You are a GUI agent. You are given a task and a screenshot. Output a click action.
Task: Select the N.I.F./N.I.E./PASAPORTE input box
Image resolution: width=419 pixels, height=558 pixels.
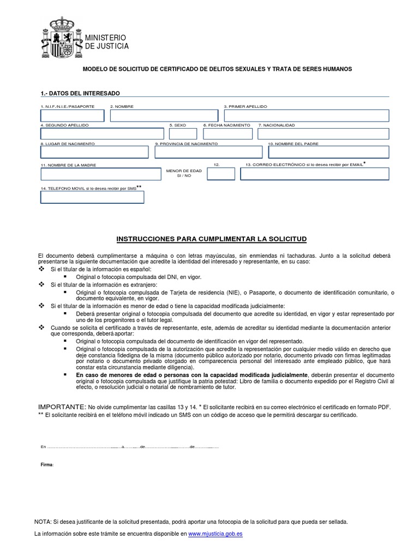[72, 116]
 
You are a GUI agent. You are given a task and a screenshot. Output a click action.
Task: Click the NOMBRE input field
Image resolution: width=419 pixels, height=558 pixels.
[164, 116]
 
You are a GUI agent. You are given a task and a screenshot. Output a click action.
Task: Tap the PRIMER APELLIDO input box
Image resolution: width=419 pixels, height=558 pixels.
[306, 116]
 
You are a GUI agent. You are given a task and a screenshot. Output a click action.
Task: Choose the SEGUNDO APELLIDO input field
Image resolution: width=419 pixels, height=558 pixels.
[102, 134]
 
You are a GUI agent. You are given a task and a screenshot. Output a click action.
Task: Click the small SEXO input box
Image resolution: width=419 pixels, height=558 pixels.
[183, 134]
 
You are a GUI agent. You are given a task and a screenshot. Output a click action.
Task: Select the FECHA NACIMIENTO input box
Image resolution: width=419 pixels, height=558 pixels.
[228, 134]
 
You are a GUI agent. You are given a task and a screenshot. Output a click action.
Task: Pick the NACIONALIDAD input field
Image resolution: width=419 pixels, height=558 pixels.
[323, 134]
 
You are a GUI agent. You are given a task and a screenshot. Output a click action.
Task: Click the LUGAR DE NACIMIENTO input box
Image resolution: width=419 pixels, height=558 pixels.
[94, 152]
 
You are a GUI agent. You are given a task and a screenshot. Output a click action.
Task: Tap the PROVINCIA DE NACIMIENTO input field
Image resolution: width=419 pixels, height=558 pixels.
[207, 152]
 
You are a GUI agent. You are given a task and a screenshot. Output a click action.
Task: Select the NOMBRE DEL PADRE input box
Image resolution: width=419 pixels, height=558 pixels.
[328, 152]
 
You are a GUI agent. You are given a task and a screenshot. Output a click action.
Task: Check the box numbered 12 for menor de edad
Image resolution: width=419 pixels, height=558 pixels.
[221, 174]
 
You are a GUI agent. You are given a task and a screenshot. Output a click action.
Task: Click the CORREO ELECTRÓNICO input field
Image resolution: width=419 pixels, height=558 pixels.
[315, 174]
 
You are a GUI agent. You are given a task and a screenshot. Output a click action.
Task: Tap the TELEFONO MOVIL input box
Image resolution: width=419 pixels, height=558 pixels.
[92, 197]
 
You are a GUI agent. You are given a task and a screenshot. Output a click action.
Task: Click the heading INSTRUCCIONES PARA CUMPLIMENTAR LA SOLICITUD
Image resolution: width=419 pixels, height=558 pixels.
[213, 239]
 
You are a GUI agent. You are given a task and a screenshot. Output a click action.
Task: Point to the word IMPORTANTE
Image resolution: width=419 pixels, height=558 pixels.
[62, 407]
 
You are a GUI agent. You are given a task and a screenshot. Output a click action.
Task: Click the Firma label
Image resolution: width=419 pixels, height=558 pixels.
[47, 465]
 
